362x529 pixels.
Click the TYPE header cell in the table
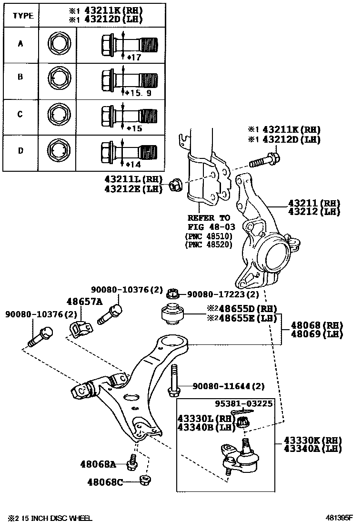pos(23,15)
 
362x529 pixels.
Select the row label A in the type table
pos(20,44)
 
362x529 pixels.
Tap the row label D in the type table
pos(20,151)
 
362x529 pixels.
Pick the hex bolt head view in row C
pos(59,115)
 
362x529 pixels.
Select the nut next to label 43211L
pos(176,185)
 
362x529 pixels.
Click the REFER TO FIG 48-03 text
pos(209,222)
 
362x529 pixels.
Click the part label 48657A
pos(84,301)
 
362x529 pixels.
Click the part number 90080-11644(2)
pos(228,386)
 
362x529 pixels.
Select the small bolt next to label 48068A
pos(132,461)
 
